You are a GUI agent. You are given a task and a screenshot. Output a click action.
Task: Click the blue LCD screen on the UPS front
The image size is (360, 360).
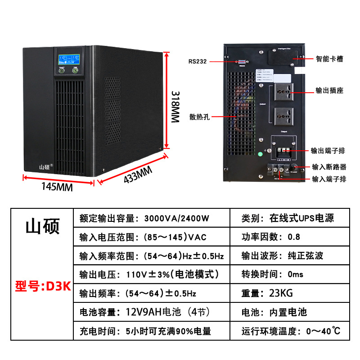click(69, 62)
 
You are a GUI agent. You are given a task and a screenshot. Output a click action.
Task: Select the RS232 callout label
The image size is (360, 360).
click(198, 62)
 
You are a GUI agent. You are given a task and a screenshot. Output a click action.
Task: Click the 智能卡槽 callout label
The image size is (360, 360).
click(330, 59)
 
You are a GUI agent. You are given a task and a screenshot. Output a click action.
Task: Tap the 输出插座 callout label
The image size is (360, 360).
click(330, 90)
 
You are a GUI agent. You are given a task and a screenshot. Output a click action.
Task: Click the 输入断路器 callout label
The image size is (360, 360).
click(330, 166)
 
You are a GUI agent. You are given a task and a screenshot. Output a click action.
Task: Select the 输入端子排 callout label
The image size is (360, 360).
click(329, 179)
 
